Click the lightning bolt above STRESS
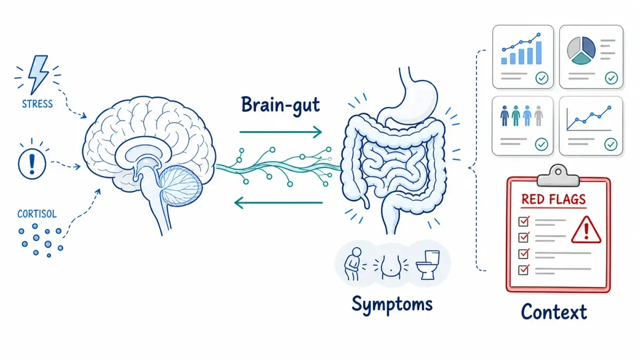click(38, 74)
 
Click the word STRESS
click(37, 104)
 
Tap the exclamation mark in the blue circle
click(32, 164)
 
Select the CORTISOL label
click(37, 214)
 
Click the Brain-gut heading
click(281, 106)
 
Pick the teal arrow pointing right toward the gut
click(281, 132)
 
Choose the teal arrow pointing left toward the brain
click(278, 203)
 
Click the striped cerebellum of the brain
click(180, 186)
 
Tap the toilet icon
click(428, 265)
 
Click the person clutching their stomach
click(353, 264)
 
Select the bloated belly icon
click(390, 266)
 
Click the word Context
click(554, 311)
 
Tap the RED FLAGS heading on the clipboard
click(554, 199)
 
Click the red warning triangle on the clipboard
click(586, 230)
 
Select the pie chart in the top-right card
click(581, 51)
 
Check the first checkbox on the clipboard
click(523, 221)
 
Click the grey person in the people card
click(539, 116)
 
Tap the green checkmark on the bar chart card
click(542, 78)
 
